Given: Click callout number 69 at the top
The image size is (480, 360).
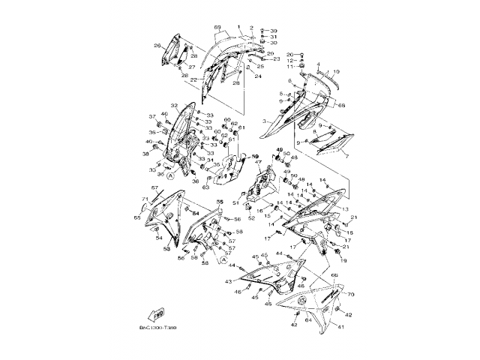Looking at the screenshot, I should [217, 28].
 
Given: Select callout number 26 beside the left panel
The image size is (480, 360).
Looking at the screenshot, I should [157, 46].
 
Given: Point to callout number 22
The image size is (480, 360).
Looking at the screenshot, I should [193, 79].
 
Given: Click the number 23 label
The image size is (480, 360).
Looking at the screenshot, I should [276, 58].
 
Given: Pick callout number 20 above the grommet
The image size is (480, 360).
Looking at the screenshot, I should [291, 54].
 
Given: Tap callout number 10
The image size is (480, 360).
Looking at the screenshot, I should [337, 71].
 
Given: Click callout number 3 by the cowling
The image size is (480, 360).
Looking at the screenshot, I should [264, 120].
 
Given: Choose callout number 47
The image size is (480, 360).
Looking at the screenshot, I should [259, 162].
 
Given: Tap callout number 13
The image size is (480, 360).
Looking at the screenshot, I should [346, 207].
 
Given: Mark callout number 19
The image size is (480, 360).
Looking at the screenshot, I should [343, 260].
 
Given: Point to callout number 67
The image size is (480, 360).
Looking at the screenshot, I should [154, 188].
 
